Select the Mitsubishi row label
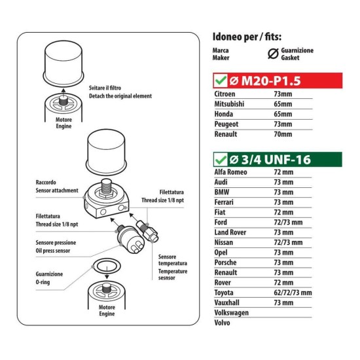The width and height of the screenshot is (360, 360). point(230,103)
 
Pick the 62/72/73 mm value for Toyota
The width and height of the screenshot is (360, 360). point(293,293)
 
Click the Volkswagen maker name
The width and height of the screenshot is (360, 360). point(232,312)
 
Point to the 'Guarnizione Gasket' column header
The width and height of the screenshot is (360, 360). point(297,54)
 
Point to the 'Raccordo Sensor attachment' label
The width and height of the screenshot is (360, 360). point(56,186)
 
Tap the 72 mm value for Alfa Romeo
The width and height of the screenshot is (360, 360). point(283,172)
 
